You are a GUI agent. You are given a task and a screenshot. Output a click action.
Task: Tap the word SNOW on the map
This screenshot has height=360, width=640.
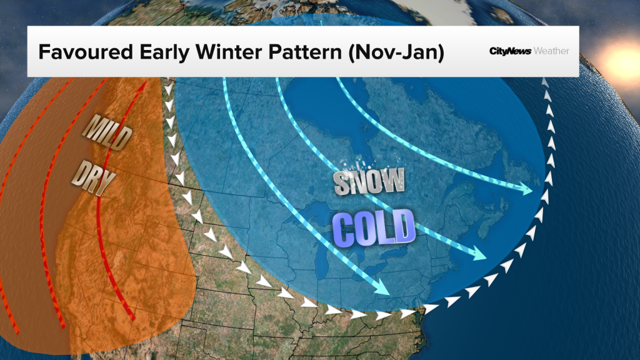[x=369, y=182]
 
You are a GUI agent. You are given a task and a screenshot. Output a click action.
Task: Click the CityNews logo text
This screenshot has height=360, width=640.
[x=509, y=51]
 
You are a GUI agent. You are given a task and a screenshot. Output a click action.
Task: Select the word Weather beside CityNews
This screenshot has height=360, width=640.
[x=551, y=51]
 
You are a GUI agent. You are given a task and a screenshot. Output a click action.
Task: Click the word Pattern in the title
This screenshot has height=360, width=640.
[x=299, y=51]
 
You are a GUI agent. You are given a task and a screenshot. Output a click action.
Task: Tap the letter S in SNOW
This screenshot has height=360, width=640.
[x=341, y=183]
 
